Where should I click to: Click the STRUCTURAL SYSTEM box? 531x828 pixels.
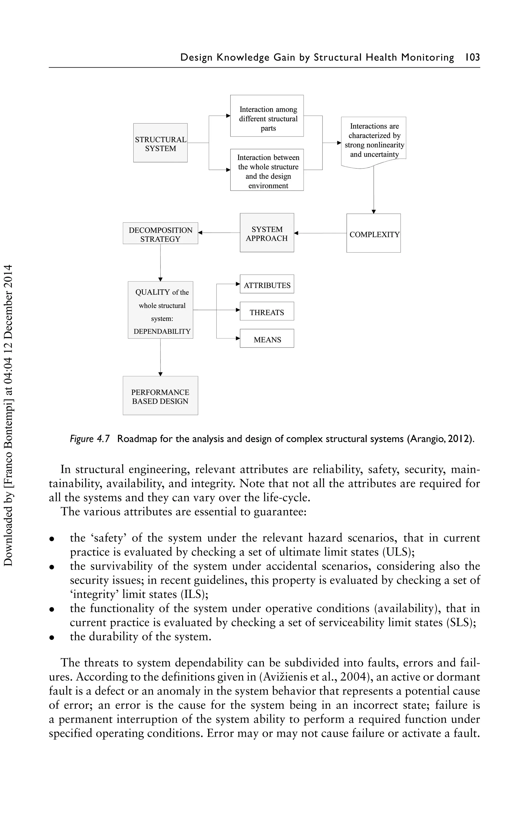(x=160, y=143)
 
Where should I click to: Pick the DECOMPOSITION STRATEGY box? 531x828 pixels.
(x=160, y=233)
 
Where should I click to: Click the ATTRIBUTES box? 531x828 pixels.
(x=267, y=284)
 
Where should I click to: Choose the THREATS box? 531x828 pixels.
(x=267, y=312)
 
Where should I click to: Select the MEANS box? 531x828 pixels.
(x=267, y=339)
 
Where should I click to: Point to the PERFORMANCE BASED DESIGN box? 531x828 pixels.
(x=160, y=395)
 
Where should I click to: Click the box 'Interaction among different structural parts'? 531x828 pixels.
(x=267, y=116)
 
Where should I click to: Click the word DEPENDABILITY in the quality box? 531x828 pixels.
(x=162, y=331)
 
